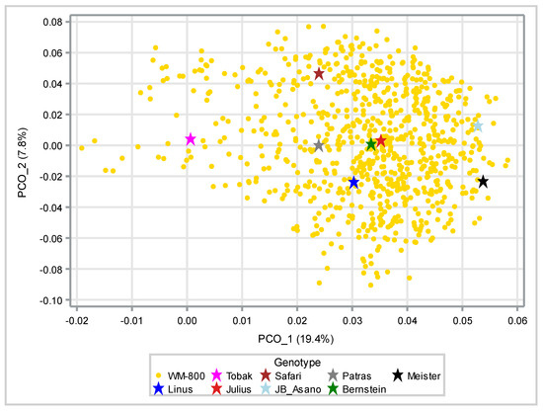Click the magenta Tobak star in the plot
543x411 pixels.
tap(191, 139)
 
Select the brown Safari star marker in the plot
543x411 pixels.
tap(319, 74)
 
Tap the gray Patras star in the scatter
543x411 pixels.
tap(319, 146)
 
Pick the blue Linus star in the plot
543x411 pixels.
tap(353, 183)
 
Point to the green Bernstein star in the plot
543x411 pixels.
tap(371, 144)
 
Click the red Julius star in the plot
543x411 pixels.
tap(381, 142)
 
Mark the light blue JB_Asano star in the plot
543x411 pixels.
tap(478, 126)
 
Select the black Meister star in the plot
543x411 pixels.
tap(483, 182)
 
